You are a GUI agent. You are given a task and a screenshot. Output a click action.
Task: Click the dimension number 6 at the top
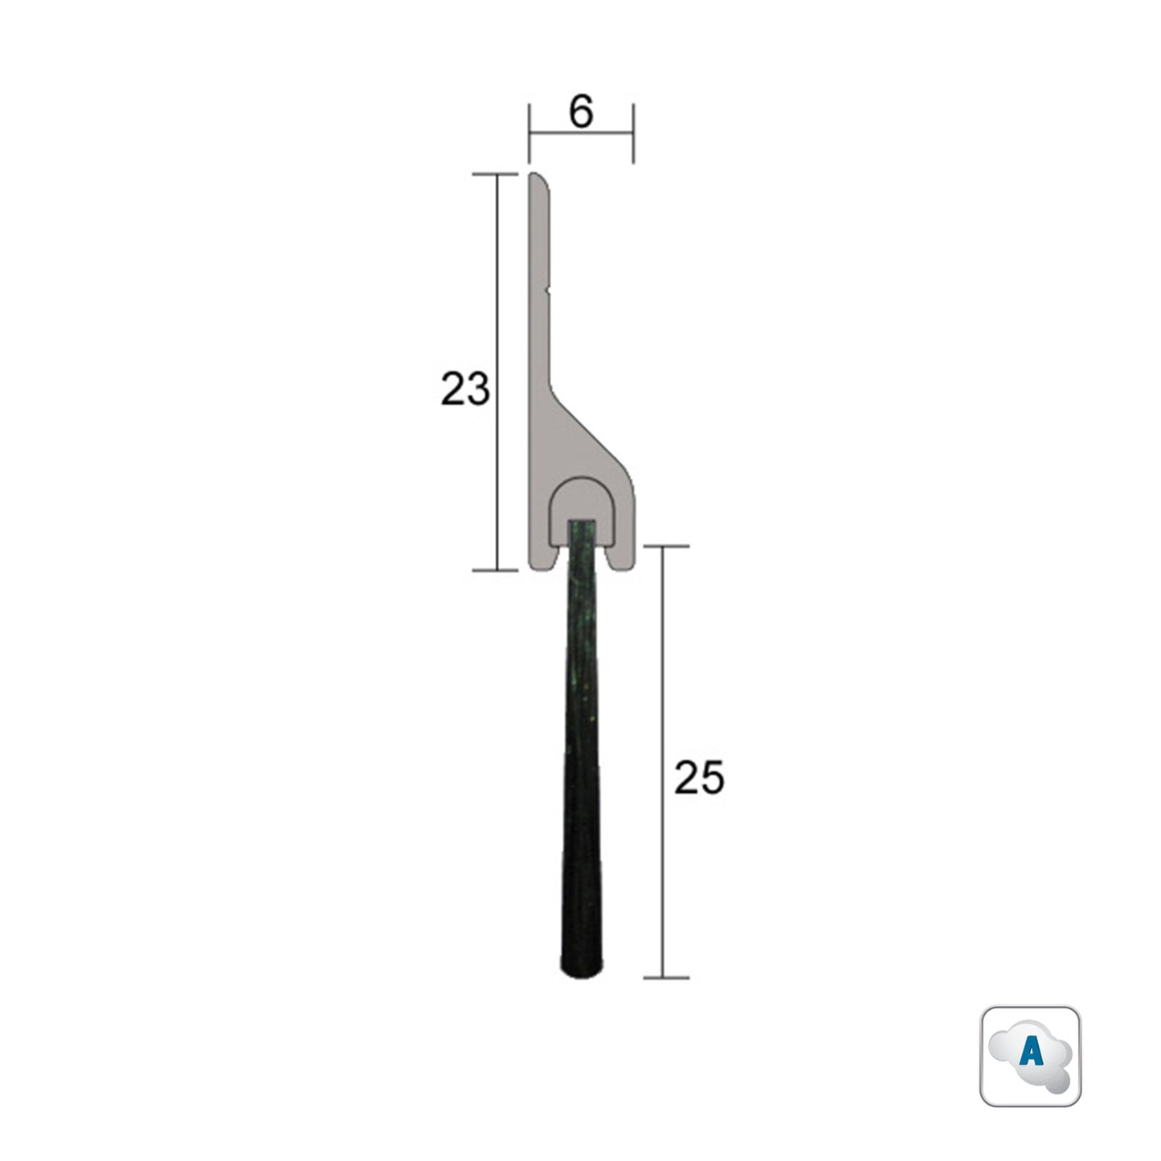click(581, 112)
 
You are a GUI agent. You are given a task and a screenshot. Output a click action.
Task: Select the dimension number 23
click(465, 390)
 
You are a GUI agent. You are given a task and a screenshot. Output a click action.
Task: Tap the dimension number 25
click(699, 778)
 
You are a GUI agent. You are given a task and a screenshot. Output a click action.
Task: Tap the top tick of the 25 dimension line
click(663, 546)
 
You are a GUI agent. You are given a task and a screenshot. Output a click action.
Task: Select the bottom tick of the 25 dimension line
click(663, 978)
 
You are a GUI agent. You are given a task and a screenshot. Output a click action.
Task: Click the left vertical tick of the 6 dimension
click(529, 133)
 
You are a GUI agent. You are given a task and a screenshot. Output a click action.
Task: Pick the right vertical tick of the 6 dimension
click(634, 133)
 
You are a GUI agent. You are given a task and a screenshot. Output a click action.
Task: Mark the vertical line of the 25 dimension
click(663, 683)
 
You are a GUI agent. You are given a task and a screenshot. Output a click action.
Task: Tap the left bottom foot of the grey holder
click(541, 562)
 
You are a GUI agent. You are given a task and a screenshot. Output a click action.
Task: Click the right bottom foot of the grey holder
click(621, 562)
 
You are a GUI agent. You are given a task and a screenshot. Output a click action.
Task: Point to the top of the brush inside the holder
click(582, 525)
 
